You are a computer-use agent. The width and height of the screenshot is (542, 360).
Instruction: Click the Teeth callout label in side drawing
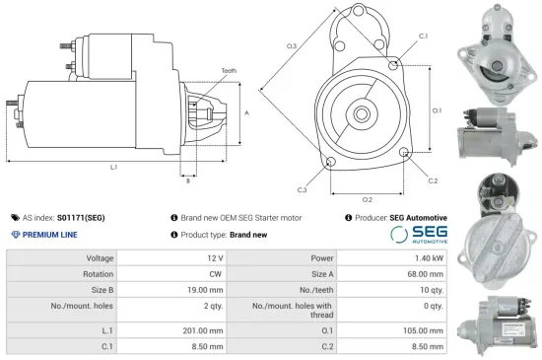[x=229, y=72]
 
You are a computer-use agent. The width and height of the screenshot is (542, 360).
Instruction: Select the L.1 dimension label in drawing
[x=113, y=168]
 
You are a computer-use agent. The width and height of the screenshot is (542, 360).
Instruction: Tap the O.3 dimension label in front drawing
[x=293, y=46]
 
